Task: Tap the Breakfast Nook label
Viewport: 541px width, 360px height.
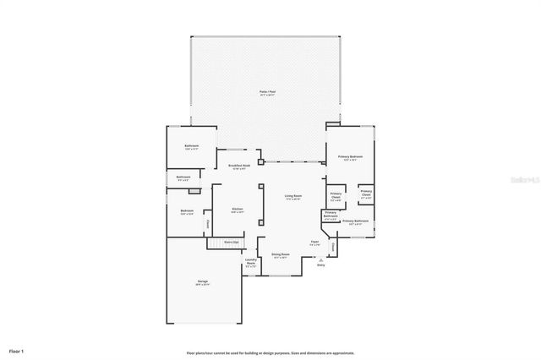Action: point(238,166)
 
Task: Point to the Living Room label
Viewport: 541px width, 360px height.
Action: point(293,195)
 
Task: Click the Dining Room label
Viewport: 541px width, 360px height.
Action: point(281,254)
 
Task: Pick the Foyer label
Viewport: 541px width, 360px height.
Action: point(314,242)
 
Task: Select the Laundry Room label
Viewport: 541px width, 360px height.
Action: point(250,262)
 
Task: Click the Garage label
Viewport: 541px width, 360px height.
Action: point(203,281)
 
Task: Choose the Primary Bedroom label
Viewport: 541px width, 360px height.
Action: point(350,156)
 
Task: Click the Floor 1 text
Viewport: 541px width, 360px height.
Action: point(17,349)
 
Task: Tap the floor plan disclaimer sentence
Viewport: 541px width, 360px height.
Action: point(270,352)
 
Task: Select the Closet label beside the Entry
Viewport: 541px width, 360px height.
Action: point(333,247)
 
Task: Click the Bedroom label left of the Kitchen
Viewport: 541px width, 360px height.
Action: point(187,210)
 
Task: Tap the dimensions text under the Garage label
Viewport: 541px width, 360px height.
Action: point(203,285)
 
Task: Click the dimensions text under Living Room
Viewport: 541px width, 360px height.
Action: point(293,199)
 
